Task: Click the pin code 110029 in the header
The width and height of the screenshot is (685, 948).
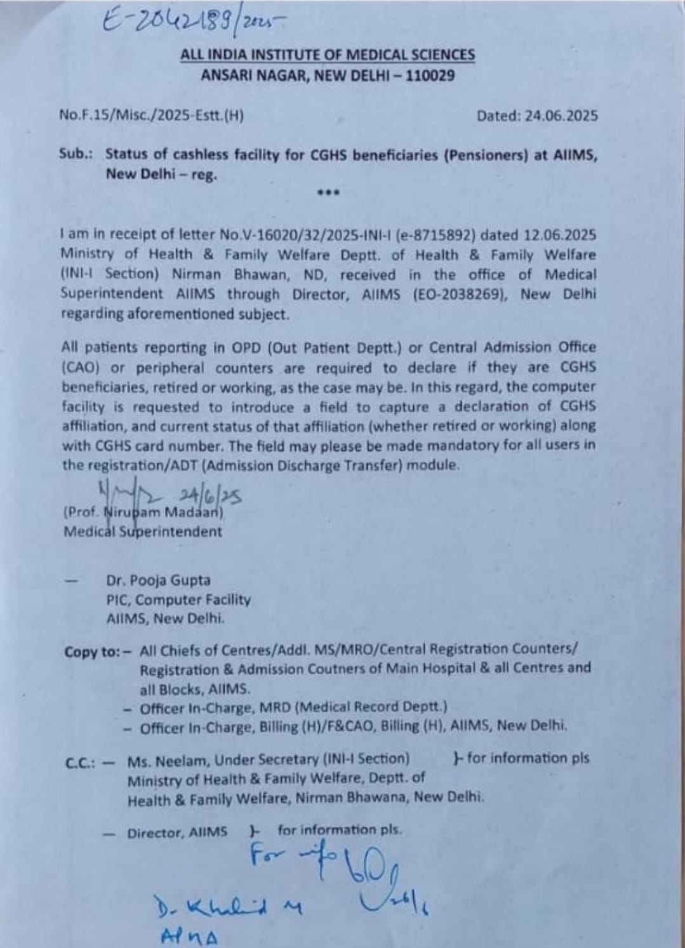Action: [430, 76]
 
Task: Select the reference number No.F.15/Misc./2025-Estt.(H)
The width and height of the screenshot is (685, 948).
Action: [151, 116]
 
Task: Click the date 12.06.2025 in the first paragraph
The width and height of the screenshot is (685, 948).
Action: [560, 235]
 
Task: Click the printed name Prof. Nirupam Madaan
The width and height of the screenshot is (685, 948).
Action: [143, 512]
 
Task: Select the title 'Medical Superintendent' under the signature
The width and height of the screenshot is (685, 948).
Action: [143, 531]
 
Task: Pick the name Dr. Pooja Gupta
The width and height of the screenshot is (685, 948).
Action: [158, 580]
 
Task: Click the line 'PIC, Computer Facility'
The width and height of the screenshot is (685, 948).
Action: [178, 599]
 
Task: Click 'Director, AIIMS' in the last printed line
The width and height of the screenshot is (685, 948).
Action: [177, 832]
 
